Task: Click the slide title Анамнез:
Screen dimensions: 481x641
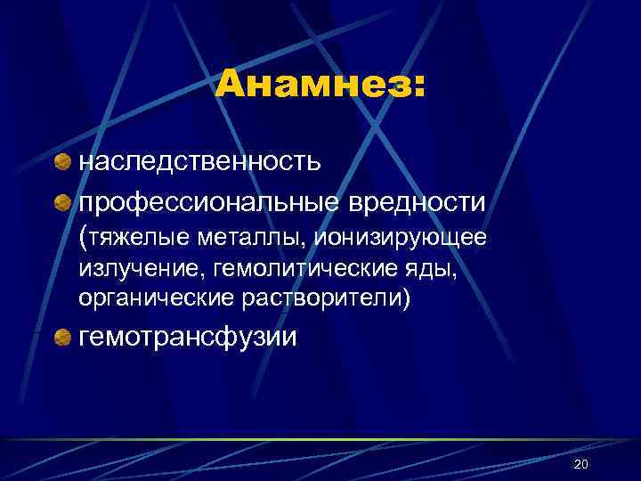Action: [x=320, y=86]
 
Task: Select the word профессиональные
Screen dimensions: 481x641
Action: [x=207, y=203]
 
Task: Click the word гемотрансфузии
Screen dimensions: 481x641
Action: [x=189, y=338]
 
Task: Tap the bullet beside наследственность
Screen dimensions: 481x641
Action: [x=63, y=162]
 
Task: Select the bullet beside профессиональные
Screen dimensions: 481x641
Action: [x=63, y=203]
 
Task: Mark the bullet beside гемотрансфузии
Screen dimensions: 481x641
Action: [x=63, y=338]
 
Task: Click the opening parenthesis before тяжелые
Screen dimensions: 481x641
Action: [x=83, y=238]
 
